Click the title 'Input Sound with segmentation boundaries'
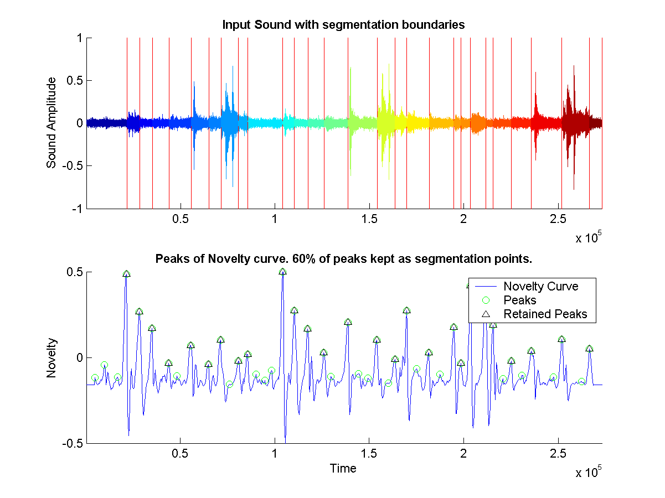coord(343,25)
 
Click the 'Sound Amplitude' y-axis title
coord(51,123)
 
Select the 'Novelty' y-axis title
coord(51,358)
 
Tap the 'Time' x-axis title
coord(343,469)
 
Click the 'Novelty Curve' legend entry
coord(540,286)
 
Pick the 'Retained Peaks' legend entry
coord(545,314)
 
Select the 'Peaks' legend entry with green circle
coord(519,300)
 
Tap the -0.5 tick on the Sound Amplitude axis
coord(74,166)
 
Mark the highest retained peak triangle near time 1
coord(282,272)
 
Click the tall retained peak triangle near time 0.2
coord(126,274)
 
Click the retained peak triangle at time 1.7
coord(407,310)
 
